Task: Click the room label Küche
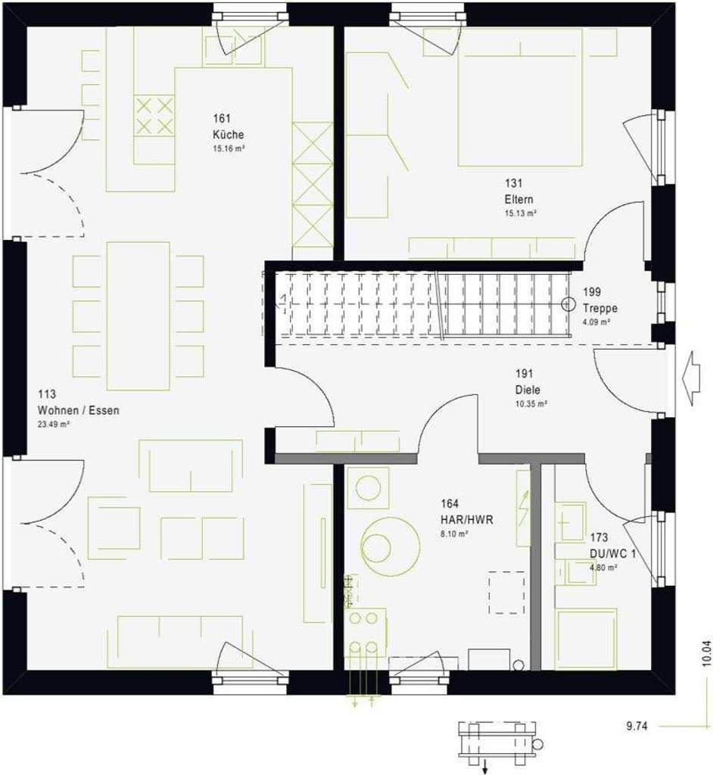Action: [228, 135]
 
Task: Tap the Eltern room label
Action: [519, 200]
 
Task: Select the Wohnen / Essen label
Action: [78, 410]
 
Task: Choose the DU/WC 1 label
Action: [612, 553]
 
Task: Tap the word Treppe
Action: [600, 309]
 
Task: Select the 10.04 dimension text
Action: [705, 653]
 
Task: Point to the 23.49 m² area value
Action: [54, 425]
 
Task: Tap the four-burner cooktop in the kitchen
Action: [154, 116]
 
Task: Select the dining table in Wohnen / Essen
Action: [138, 316]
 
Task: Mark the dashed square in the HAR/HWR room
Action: [506, 593]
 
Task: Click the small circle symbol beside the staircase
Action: [568, 304]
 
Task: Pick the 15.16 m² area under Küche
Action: [228, 148]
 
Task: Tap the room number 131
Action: [514, 183]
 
